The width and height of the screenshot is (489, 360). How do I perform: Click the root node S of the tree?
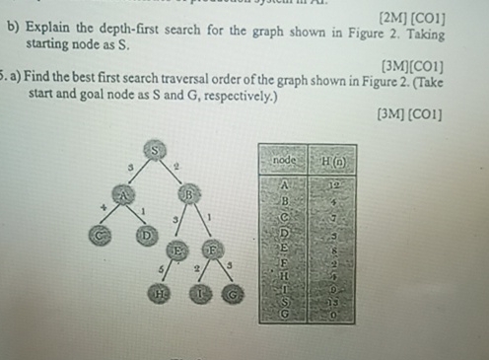pos(155,149)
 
